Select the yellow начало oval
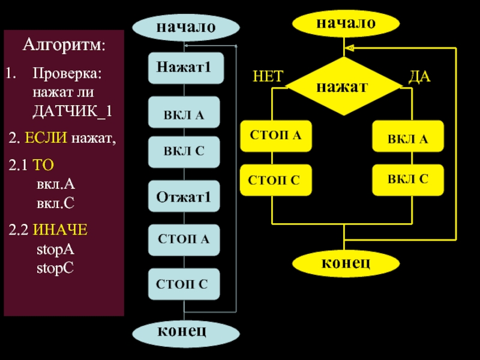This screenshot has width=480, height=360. point(346,23)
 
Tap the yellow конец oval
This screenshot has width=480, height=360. point(345,262)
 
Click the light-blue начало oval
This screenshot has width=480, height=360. point(185,27)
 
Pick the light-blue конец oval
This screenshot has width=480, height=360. point(185,331)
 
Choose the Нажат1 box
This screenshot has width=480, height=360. point(185,67)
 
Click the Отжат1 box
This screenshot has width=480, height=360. point(184,196)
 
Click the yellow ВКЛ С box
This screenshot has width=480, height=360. point(408,179)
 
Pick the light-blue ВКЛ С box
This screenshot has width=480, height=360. point(184,151)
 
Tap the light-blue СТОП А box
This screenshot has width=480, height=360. point(184,239)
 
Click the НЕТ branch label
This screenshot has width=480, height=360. point(268,76)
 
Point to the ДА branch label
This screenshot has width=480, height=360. point(419,76)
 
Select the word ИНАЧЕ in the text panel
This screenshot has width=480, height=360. point(60,230)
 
